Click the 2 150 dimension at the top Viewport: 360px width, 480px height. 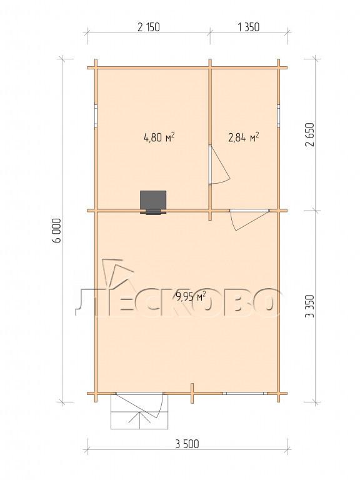tap(149, 27)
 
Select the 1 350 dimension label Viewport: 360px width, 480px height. tap(248, 27)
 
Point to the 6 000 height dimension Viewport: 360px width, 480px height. tap(57, 230)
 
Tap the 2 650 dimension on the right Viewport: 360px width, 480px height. tap(310, 135)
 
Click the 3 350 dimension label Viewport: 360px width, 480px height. tap(310, 306)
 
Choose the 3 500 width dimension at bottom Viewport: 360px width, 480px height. tap(187, 444)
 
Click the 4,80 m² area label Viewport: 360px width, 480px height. tap(159, 137)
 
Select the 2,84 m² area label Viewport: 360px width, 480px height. tap(244, 137)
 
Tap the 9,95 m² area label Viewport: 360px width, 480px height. tap(191, 296)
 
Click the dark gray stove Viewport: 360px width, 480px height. tap(153, 202)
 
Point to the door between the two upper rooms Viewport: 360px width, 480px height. tap(219, 165)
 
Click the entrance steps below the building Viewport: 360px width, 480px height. tap(139, 412)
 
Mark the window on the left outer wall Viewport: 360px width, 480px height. tap(96, 115)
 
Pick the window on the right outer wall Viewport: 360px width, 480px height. tap(279, 115)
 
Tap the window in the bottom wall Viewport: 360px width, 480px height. tap(244, 393)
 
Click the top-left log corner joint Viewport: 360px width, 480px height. tap(96, 67)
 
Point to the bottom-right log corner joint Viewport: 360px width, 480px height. tap(279, 393)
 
